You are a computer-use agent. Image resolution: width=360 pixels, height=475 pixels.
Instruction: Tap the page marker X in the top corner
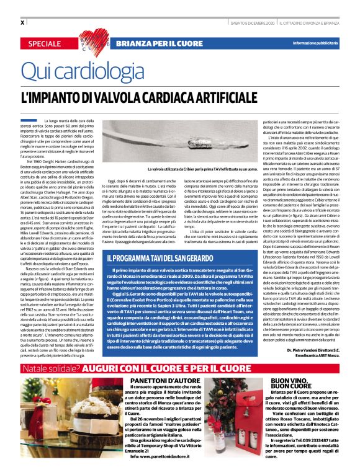pos(22,22)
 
